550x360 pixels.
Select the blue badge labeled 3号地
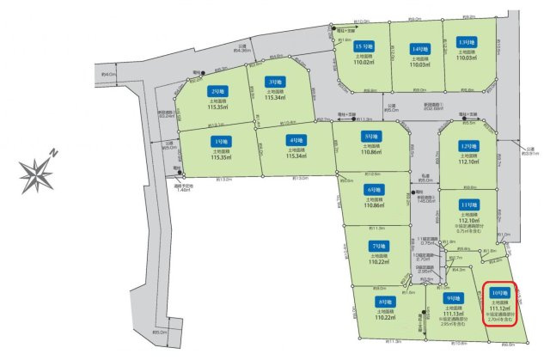274,82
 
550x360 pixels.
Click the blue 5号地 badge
372,136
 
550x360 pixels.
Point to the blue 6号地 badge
373,190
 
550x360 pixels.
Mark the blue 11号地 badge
468,204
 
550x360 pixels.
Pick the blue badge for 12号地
468,145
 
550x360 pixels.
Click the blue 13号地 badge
467,42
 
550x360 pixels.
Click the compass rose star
37,174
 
